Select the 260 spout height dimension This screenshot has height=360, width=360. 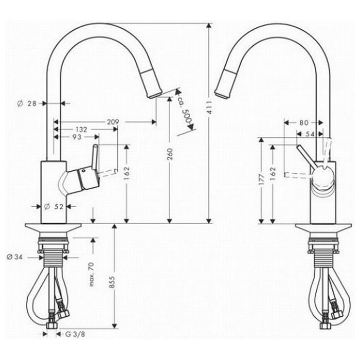coord(170,154)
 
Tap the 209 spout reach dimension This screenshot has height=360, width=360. coord(113,122)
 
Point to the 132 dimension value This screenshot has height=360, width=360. coord(81,130)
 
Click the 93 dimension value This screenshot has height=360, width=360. coord(77,137)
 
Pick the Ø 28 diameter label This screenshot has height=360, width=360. coord(27,103)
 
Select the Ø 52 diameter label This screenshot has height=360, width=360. coord(53,207)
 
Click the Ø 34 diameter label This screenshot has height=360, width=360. coord(15,257)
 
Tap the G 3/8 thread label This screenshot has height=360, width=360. coord(75,334)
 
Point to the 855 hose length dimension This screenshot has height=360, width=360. coord(112,282)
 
